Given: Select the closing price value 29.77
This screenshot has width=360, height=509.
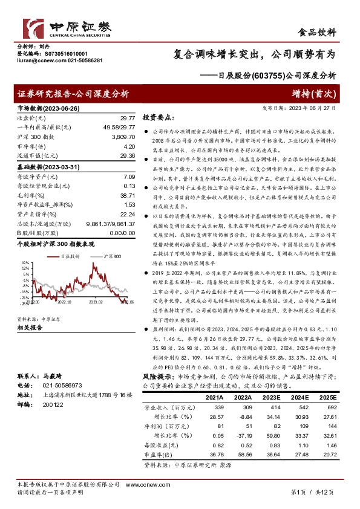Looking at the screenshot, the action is click(127, 118).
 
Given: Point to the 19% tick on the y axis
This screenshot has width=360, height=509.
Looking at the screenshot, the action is click(25, 263).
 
